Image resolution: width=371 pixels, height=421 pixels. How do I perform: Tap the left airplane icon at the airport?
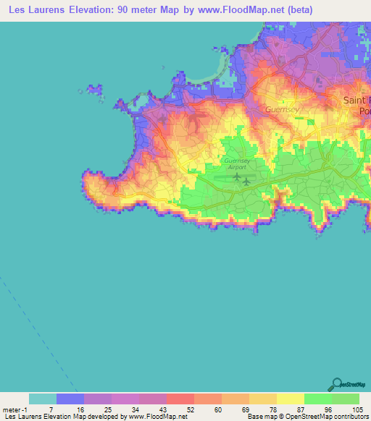tap(236, 177)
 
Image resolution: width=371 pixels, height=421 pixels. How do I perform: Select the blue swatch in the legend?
tap(70, 399)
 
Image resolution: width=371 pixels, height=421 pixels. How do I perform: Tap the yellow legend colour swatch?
tap(291, 399)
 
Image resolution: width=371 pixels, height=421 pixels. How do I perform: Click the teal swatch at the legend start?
tap(43, 399)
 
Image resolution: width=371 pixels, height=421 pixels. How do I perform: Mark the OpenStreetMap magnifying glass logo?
tap(335, 384)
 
